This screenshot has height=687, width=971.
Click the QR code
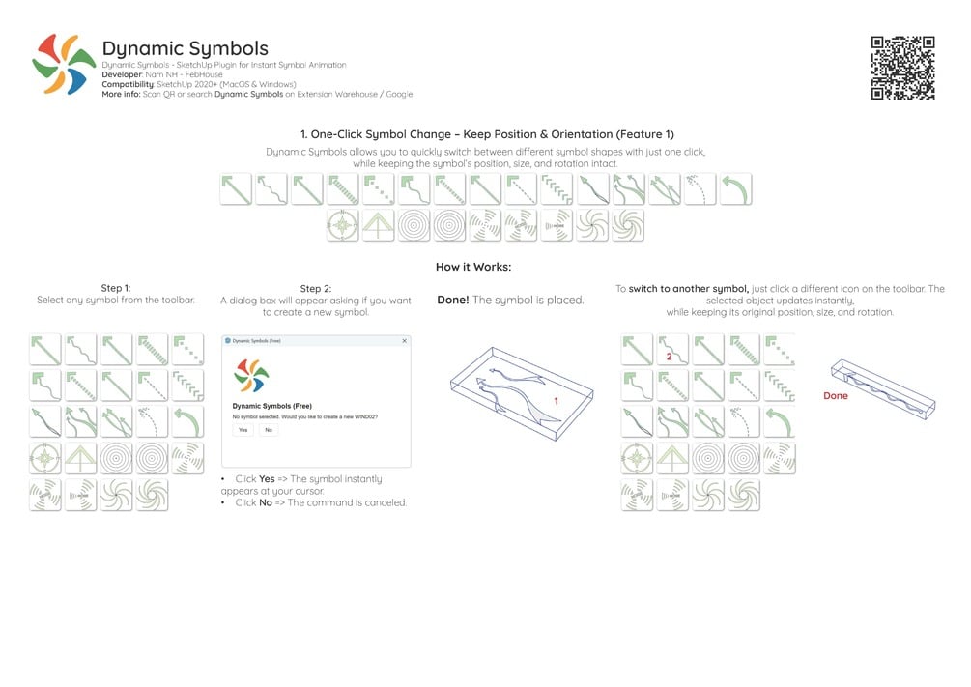pos(902,68)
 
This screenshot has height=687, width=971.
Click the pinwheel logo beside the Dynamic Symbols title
pos(64,66)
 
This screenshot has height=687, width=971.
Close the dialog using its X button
pos(404,341)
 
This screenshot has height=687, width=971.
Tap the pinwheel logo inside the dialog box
pos(251,375)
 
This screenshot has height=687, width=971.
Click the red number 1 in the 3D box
pos(557,400)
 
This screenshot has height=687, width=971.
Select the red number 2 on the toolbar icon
pos(669,357)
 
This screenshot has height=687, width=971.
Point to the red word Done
pos(835,396)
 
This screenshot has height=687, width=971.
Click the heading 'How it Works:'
pos(473,267)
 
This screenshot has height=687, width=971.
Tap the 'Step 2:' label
pos(316,289)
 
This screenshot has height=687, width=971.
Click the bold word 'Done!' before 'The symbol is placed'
pos(452,301)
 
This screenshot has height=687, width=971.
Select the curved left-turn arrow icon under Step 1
pos(187,421)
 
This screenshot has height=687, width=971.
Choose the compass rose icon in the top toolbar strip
pos(343,226)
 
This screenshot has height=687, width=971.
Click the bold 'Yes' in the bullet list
pos(267,479)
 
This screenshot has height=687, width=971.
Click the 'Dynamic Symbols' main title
pos(185,48)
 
